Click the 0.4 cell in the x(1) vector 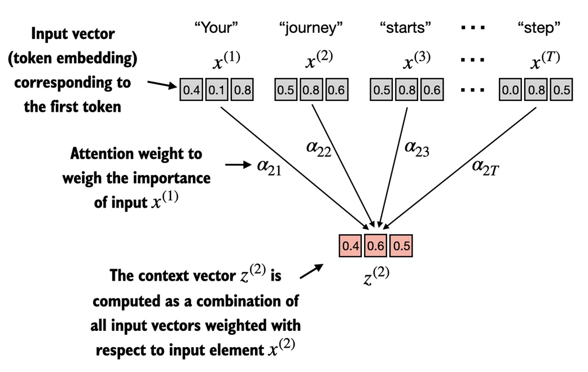192,90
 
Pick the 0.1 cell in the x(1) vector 216,90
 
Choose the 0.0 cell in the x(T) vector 511,90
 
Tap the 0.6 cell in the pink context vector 375,246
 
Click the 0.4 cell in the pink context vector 350,246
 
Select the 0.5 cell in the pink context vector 400,246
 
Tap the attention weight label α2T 485,168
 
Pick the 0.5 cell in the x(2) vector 286,90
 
